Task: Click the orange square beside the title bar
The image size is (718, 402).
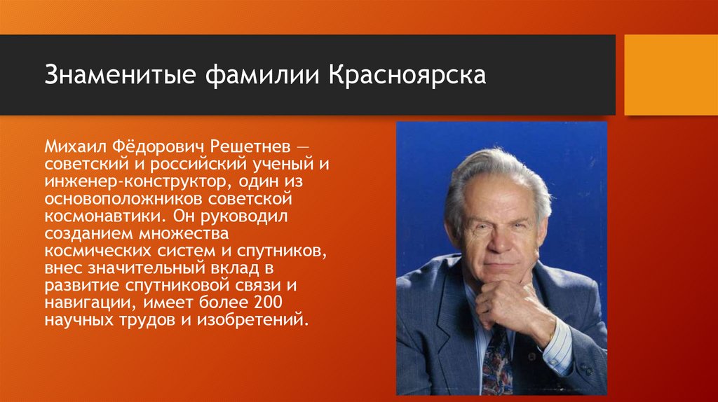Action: (671, 75)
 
